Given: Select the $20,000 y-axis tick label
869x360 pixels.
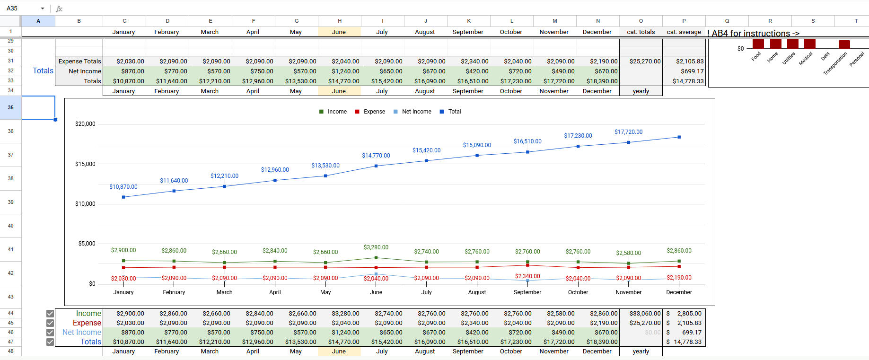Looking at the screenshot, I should point(85,124).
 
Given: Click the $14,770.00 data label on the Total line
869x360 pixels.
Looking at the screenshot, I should point(376,156).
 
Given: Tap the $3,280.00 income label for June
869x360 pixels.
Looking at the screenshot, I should point(376,247).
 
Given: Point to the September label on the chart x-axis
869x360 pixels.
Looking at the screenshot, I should point(527,292).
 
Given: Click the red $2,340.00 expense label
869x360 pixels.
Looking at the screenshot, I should point(527,276).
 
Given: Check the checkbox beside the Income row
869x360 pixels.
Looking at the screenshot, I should point(50,314).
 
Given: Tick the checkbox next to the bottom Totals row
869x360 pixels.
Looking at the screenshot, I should point(50,342).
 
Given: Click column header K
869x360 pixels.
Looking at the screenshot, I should point(468,21).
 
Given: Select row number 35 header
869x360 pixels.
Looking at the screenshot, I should point(10,107).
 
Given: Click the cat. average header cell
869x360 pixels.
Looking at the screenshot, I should point(684,32).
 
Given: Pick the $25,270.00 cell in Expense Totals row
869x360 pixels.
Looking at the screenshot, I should point(641,61).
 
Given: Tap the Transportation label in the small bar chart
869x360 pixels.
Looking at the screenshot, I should point(835,63).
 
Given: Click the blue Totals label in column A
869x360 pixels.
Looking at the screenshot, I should point(43,71).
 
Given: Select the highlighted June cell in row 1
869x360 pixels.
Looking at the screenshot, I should point(339,32).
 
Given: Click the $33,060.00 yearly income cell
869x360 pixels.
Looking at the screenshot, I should point(641,314).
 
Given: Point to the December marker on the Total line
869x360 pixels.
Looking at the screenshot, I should point(679,137).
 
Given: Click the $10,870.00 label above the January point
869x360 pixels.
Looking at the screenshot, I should point(123,187).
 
